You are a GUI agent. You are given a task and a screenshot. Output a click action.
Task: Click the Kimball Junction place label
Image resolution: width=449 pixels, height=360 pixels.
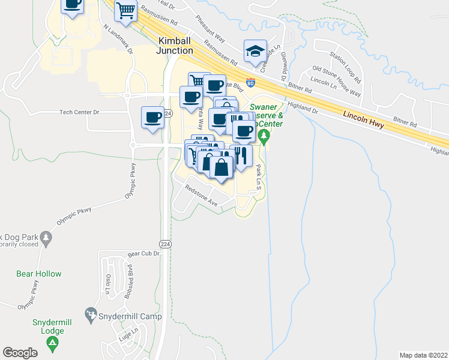click(175, 46)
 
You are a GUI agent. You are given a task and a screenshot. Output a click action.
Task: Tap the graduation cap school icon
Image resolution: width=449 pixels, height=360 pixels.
click(255, 51)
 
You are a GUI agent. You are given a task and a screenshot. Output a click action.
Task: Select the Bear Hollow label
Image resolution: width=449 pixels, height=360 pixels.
click(38, 274)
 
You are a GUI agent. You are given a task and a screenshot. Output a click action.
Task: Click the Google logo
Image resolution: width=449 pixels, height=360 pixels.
click(20, 353)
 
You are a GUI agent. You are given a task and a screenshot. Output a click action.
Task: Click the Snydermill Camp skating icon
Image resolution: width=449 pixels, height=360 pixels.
click(91, 314)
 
